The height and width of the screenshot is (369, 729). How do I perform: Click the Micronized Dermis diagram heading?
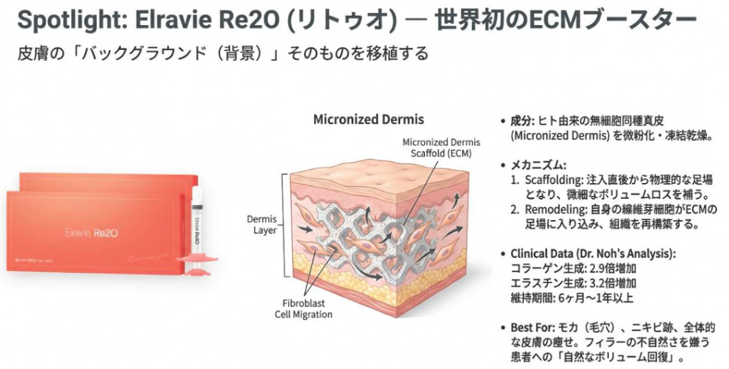coord(368,119)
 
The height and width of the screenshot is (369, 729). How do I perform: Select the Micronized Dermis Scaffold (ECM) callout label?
coord(436,147)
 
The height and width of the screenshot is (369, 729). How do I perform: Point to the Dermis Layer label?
coord(262,225)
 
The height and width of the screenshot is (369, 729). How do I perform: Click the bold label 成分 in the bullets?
coord(522,121)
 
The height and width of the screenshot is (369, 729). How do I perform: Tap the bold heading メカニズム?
coord(539,164)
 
